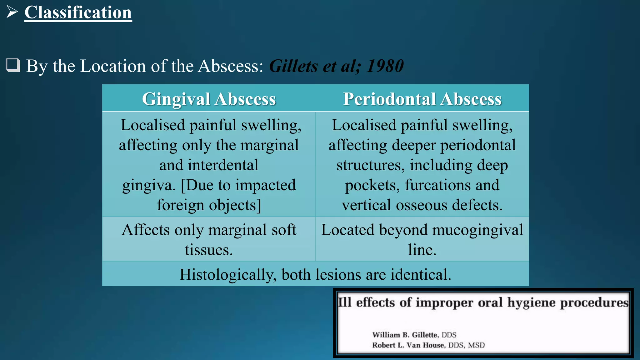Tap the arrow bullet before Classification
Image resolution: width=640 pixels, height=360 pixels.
[x=12, y=12]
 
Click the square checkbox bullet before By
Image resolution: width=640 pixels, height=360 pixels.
[x=13, y=65]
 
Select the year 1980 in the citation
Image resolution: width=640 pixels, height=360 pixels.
[x=385, y=66]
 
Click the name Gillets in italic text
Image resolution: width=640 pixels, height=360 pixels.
[x=293, y=66]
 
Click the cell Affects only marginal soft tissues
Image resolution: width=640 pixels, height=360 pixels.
[x=209, y=239]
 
